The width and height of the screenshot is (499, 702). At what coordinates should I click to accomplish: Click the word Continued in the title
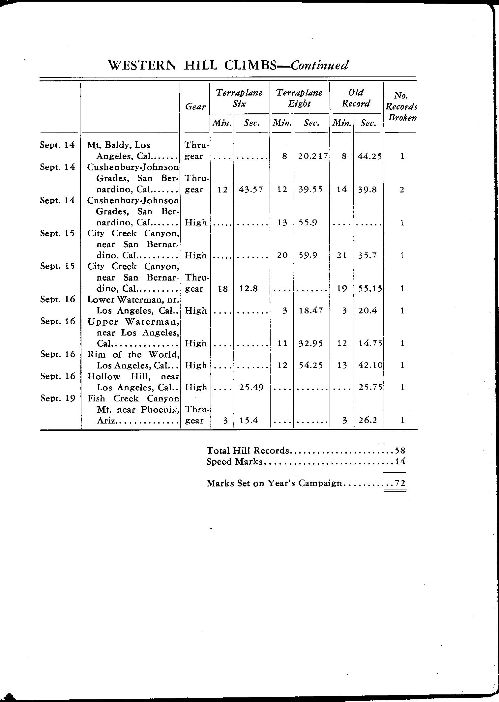pos(319,65)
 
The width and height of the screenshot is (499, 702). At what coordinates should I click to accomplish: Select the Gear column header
pos(195,107)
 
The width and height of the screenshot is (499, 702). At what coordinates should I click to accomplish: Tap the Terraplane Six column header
pos(239,98)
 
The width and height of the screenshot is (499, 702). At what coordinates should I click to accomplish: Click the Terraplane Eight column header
pos(299,98)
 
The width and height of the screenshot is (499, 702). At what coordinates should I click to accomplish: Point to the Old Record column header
pos(356,98)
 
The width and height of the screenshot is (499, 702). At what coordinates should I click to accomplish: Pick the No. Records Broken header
pos(401,107)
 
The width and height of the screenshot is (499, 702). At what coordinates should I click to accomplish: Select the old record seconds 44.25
pos(369,156)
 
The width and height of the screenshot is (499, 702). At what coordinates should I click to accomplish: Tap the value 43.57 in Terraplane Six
pos(250,190)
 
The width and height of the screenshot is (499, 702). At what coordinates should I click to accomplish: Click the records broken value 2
pos(401,190)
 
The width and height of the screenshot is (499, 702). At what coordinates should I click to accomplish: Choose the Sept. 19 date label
pos(58,398)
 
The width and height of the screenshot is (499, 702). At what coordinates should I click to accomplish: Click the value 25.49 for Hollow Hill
pos(251,388)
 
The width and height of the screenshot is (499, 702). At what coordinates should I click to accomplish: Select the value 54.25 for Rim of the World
pos(310,366)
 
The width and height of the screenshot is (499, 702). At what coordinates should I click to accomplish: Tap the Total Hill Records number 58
pos(400,451)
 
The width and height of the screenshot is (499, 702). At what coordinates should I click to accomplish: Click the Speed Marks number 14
pos(400,462)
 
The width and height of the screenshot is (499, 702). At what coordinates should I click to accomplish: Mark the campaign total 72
pos(400,483)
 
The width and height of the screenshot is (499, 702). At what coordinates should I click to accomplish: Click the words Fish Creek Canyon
pos(133,399)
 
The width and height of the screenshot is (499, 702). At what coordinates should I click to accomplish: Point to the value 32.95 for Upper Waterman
pos(310,343)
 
